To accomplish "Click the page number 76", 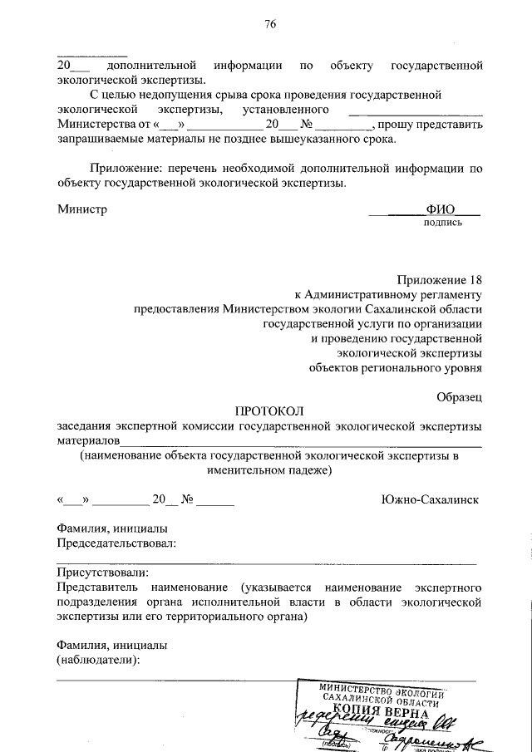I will pos(269,24).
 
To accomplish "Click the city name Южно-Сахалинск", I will pos(429,500).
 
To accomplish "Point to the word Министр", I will pos(82,210).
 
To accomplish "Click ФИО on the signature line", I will pos(441,210).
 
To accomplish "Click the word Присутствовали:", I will pos(103,573).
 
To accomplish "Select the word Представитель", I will pos(99,587).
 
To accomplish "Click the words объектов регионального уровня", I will pos(395,367).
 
